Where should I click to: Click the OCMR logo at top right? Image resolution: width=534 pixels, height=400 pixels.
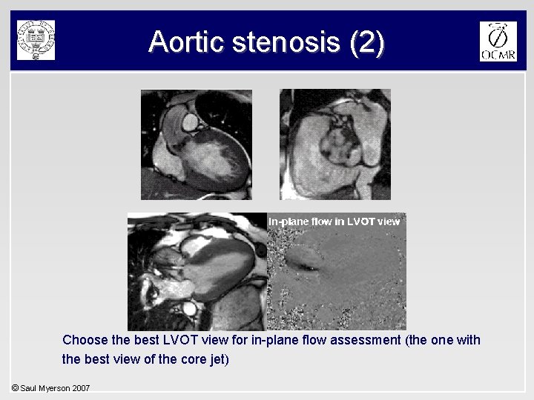[x=498, y=41]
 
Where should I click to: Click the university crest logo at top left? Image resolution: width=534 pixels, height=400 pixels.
[x=36, y=40]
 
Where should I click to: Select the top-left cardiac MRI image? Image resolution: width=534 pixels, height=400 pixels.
[x=197, y=144]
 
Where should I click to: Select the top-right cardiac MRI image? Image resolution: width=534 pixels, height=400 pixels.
[x=335, y=144]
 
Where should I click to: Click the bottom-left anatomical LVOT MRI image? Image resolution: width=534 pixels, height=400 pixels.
[x=197, y=271]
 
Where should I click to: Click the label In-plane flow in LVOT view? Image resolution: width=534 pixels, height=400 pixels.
[x=334, y=221]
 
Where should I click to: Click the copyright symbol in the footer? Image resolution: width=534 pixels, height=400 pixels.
[x=15, y=388]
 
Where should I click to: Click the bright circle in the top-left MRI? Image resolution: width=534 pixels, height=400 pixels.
[x=190, y=120]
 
